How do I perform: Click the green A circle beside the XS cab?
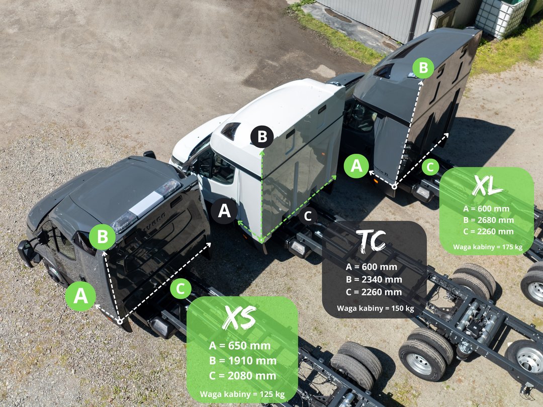(x=80, y=296)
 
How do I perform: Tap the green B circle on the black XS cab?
(x=102, y=237)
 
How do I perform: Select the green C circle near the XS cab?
(x=180, y=288)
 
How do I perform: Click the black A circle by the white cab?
(x=224, y=211)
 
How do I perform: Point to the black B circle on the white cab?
(x=262, y=137)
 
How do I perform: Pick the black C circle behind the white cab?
(x=308, y=216)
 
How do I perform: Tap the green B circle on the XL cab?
(x=423, y=67)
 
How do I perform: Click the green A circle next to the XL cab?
(x=356, y=166)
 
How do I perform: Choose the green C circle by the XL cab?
(x=430, y=167)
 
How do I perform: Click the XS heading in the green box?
(x=239, y=317)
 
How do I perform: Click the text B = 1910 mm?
(x=243, y=361)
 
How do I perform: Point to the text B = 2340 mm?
(x=374, y=279)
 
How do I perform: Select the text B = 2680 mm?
(x=489, y=220)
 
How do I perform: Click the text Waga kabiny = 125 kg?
(x=242, y=394)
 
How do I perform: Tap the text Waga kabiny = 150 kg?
(x=376, y=308)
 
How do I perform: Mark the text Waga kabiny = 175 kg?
(x=488, y=247)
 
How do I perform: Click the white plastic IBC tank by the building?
(x=502, y=16)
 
